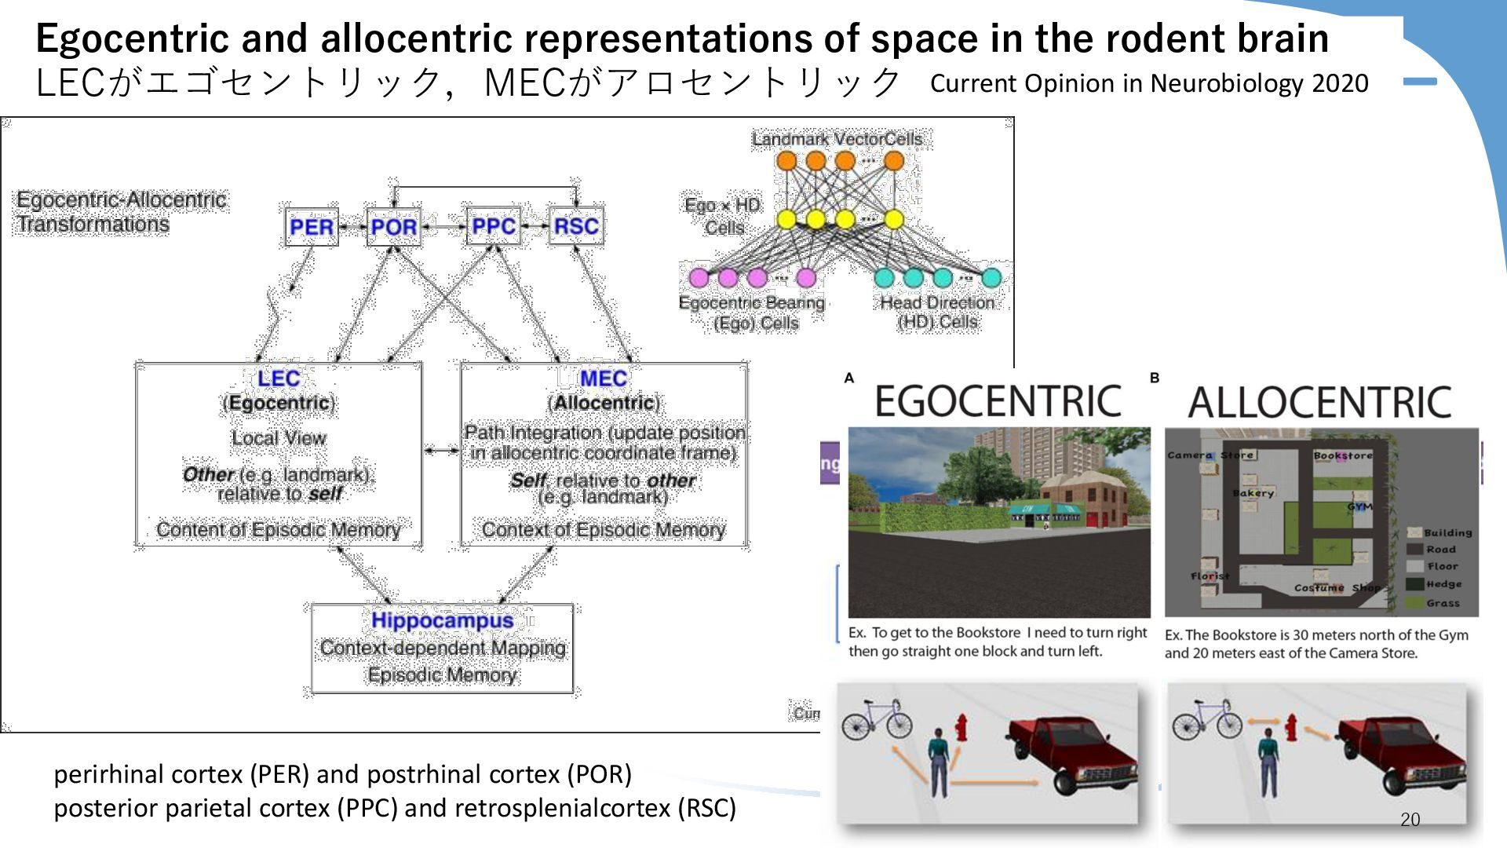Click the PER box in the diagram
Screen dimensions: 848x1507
point(312,227)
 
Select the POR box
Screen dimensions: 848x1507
point(393,227)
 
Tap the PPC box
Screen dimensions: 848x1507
point(493,226)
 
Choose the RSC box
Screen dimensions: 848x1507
point(576,226)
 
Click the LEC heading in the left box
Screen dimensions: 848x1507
point(279,378)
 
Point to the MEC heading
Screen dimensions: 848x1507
point(603,378)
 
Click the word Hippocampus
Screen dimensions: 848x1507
point(442,620)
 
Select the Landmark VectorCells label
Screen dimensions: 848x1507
point(837,139)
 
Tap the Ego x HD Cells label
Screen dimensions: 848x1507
point(723,216)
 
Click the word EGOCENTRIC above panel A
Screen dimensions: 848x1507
point(998,401)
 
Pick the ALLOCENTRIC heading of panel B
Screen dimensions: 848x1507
point(1319,403)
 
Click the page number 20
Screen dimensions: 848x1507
point(1410,820)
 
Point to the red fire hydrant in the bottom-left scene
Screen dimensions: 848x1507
point(961,728)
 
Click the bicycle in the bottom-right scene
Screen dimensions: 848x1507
point(1206,718)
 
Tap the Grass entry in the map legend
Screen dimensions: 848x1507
point(1442,603)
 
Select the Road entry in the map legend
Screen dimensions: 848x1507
point(1440,550)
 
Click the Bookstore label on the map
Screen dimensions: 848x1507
point(1343,455)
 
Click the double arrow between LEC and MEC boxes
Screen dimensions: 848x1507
point(441,451)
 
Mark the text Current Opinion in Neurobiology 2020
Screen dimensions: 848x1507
point(1149,83)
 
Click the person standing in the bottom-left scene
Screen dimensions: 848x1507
point(938,760)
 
